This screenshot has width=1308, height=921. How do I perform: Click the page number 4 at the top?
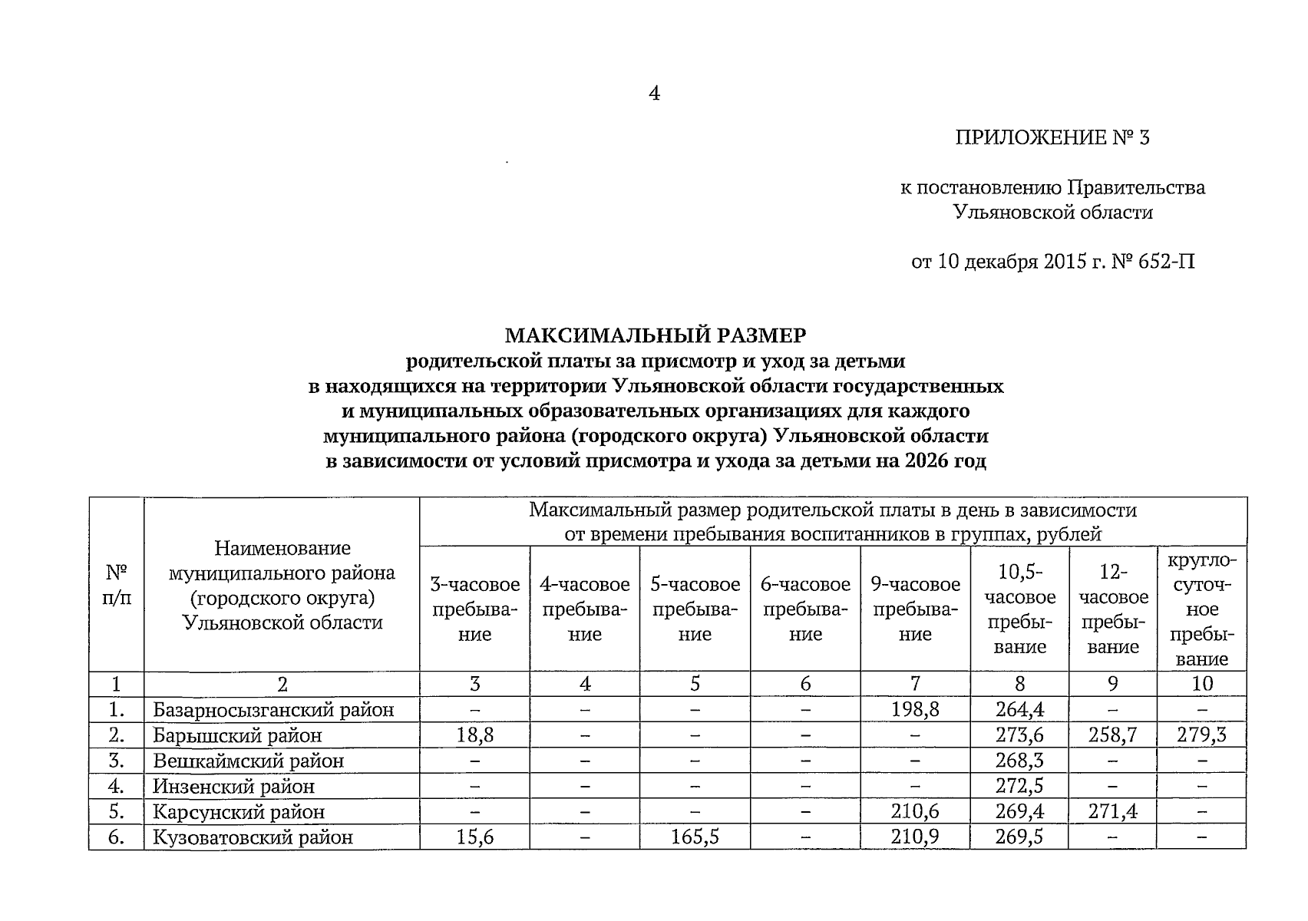pyautogui.click(x=654, y=94)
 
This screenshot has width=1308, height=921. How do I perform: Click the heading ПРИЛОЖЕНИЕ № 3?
pyautogui.click(x=1052, y=138)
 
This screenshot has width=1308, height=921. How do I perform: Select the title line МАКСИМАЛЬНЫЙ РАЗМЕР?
pyautogui.click(x=655, y=335)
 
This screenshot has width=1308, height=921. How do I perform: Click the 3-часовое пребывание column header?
pyautogui.click(x=474, y=609)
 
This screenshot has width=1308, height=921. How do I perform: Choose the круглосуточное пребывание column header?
pyautogui.click(x=1201, y=609)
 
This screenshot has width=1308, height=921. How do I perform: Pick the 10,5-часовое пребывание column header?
pyautogui.click(x=1019, y=609)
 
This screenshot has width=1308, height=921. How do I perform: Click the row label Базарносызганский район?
pyautogui.click(x=273, y=710)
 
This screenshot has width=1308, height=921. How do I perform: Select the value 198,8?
pyautogui.click(x=915, y=710)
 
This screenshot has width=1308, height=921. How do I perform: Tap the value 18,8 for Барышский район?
pyautogui.click(x=474, y=735)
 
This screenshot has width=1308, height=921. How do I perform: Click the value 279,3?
pyautogui.click(x=1201, y=735)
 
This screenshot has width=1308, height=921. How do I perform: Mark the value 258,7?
pyautogui.click(x=1112, y=735)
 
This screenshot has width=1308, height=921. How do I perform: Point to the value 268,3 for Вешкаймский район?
pyautogui.click(x=1019, y=761)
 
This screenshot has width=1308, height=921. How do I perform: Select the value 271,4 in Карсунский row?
pyautogui.click(x=1112, y=812)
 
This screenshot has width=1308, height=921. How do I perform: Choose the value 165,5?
pyautogui.click(x=695, y=837)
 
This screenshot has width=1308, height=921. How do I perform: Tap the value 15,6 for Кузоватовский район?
pyautogui.click(x=474, y=837)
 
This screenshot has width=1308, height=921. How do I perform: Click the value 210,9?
pyautogui.click(x=915, y=837)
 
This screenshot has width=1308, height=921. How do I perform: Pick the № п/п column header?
pyautogui.click(x=116, y=585)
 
